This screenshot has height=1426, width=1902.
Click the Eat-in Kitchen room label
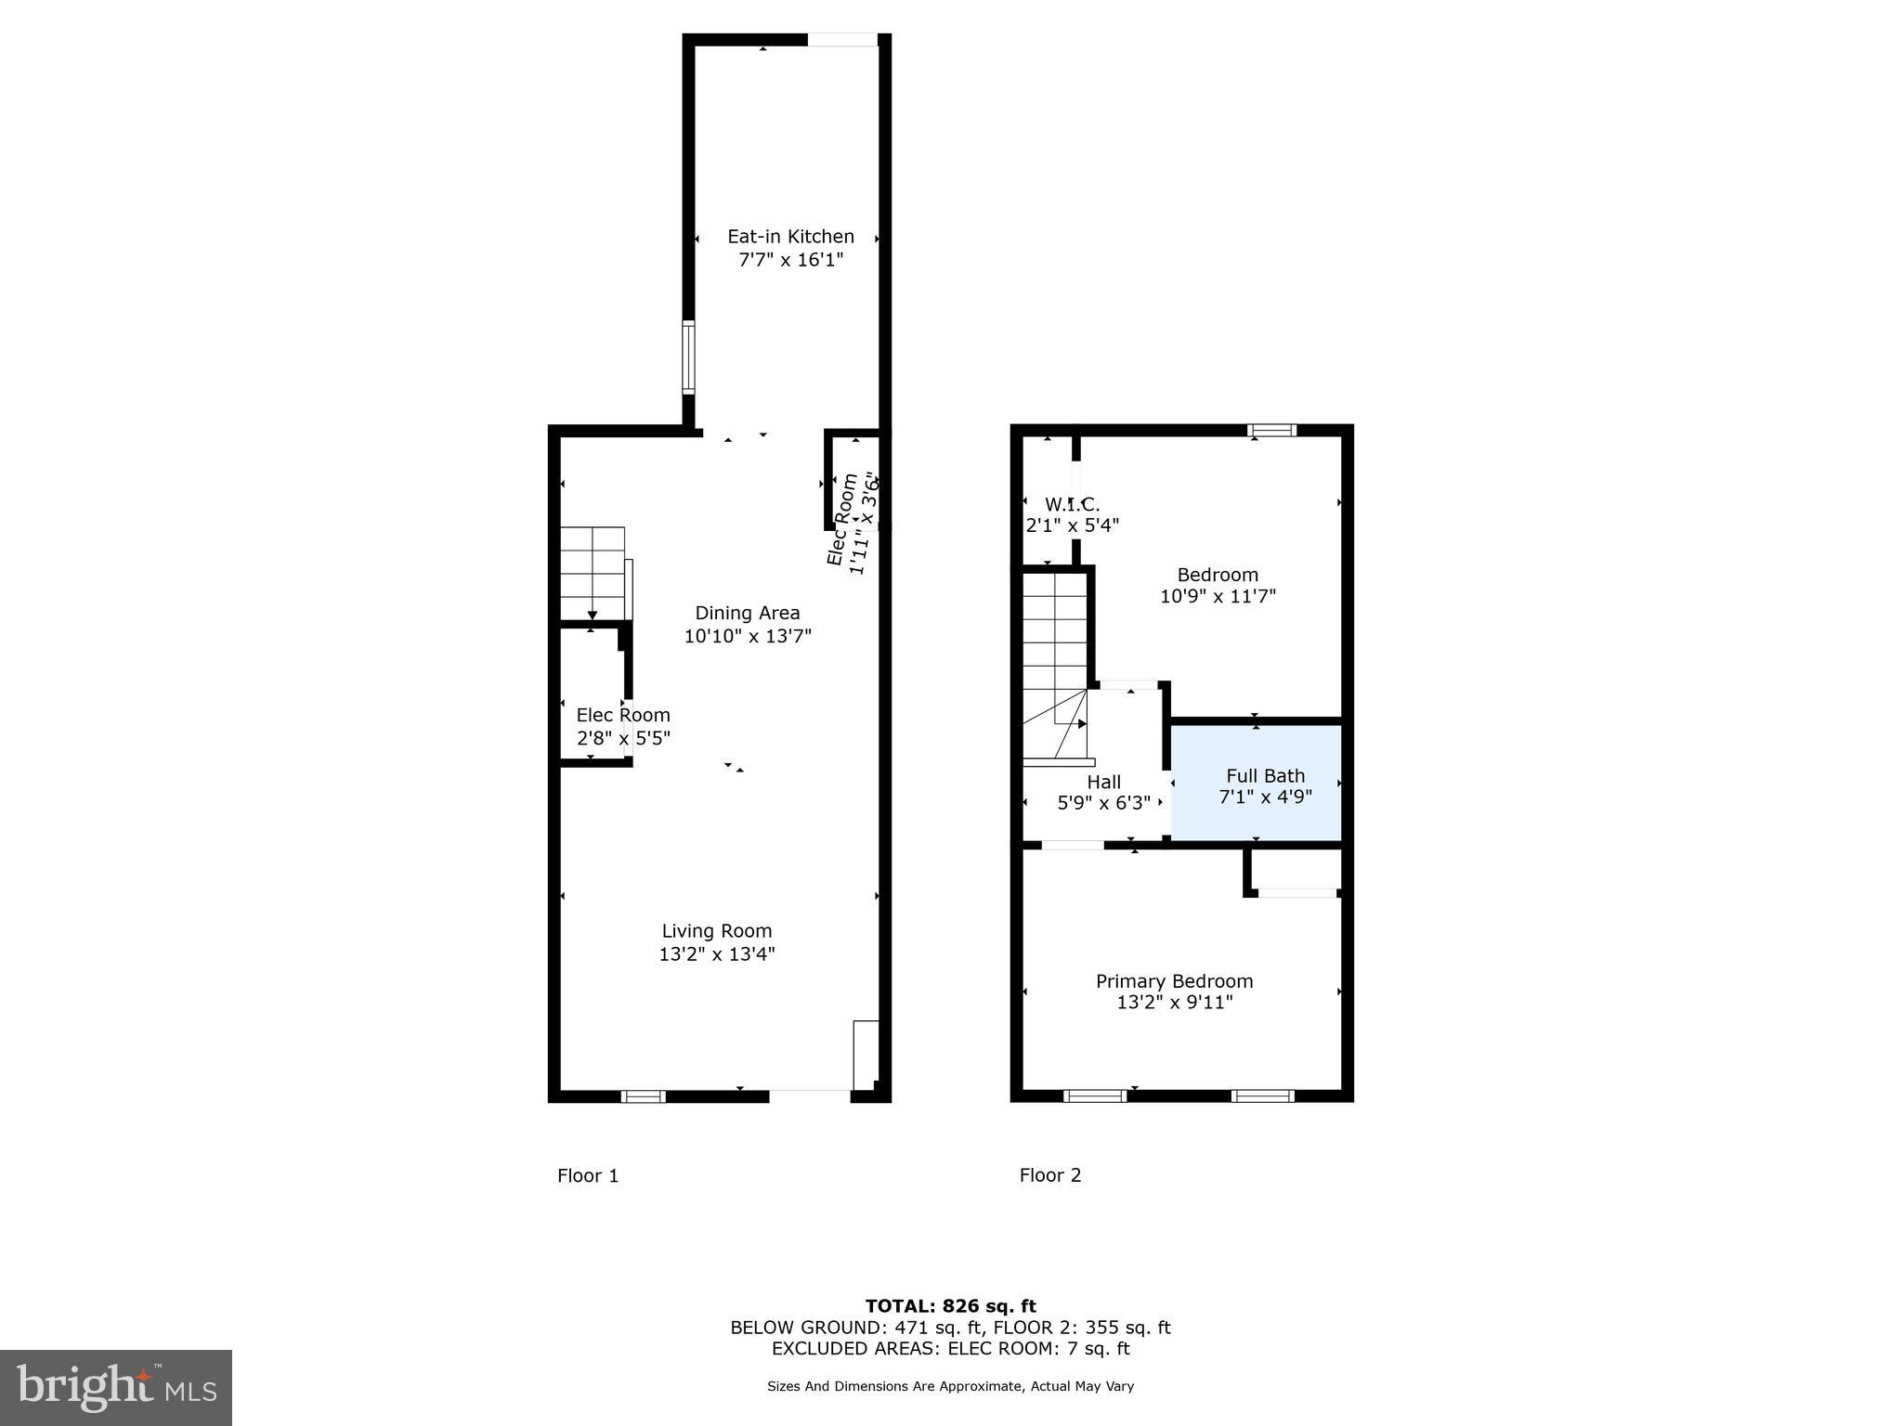(790, 237)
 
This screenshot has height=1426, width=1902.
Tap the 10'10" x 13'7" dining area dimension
(748, 637)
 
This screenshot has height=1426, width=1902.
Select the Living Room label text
(717, 931)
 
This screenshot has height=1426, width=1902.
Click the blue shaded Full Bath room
(1256, 785)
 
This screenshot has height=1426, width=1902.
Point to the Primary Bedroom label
(1174, 981)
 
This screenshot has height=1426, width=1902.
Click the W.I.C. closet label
(1072, 505)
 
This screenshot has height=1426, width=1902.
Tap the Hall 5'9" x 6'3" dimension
(1104, 803)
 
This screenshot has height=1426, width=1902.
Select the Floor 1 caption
(587, 1176)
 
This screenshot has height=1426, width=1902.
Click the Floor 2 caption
(1050, 1175)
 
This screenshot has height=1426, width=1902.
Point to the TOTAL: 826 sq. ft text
(950, 1307)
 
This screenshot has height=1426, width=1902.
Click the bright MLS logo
(116, 1387)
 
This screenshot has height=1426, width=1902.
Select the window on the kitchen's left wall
(688, 356)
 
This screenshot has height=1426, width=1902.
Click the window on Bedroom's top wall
(1271, 431)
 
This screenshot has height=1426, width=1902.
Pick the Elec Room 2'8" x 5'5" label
(623, 727)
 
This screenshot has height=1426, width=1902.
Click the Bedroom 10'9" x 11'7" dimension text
(1218, 597)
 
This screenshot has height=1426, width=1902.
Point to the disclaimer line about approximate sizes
(950, 1386)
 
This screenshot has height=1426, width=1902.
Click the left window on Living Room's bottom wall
(643, 1096)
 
